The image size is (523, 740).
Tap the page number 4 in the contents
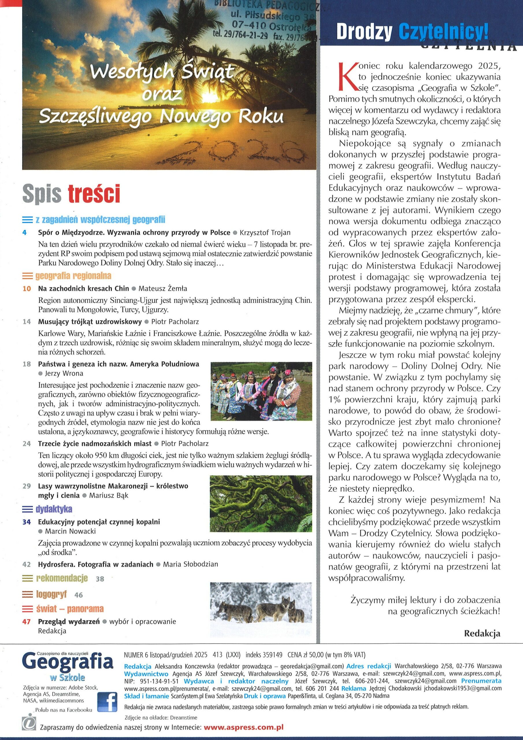(25, 232)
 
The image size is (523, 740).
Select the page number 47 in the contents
(26, 621)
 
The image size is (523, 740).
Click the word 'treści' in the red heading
(94, 194)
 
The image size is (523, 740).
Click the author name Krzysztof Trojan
(265, 232)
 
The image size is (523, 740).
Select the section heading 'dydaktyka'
(54, 509)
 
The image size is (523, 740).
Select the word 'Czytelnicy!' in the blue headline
(444, 32)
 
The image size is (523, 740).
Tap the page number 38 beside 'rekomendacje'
(100, 579)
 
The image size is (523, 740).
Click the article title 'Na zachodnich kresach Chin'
(83, 288)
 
